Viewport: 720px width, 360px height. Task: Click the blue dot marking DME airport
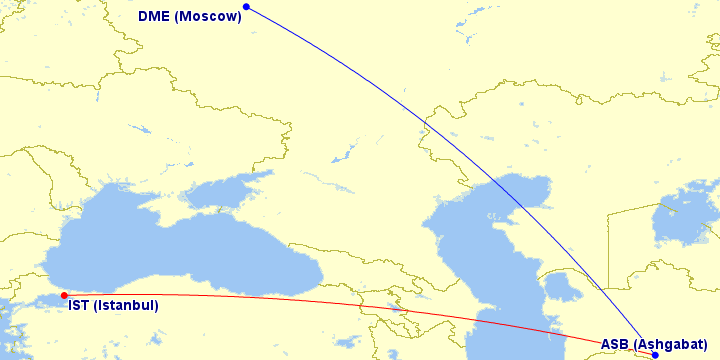(246, 7)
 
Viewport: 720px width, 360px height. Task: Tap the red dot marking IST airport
(64, 295)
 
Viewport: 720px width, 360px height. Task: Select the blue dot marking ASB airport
(655, 355)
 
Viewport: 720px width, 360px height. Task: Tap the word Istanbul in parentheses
(126, 306)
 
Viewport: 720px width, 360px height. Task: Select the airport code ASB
(615, 344)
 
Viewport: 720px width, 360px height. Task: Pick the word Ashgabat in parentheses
(675, 344)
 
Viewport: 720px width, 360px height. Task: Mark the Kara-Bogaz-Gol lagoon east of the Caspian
(563, 287)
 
